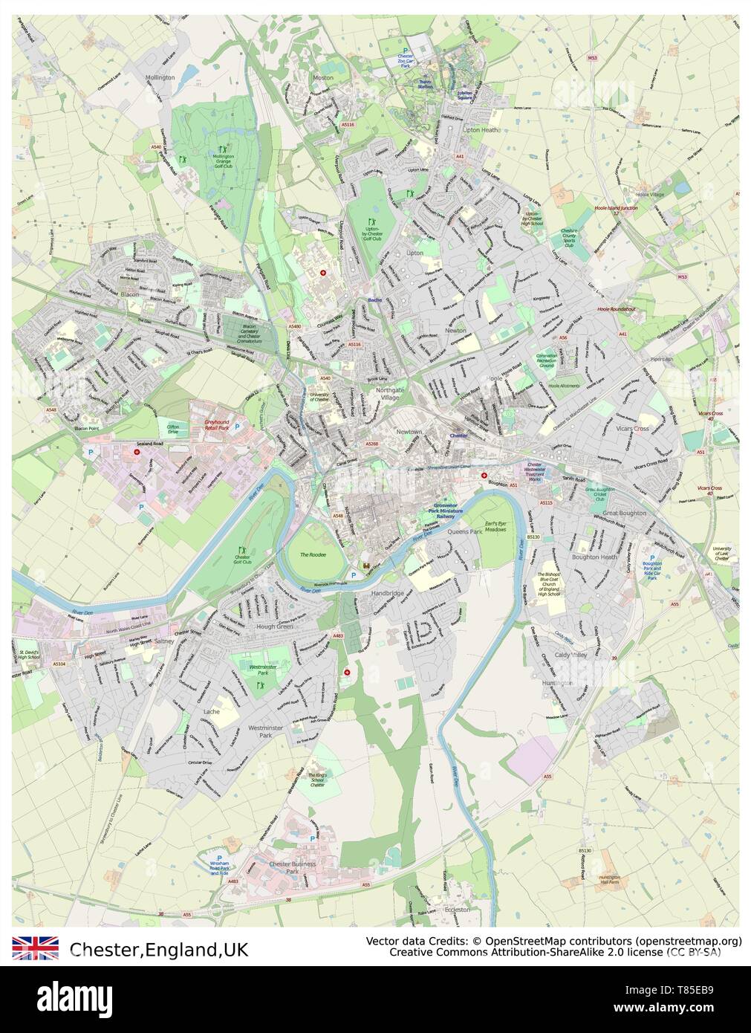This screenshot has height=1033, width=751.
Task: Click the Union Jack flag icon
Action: [35, 948]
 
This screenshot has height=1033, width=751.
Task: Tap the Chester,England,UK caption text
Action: [159, 949]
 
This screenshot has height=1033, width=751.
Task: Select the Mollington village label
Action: [159, 77]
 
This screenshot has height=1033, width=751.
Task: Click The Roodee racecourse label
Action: [313, 554]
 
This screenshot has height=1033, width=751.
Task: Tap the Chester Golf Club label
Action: [243, 559]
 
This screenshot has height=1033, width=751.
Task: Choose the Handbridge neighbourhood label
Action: [387, 593]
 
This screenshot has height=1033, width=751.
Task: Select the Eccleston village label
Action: [456, 909]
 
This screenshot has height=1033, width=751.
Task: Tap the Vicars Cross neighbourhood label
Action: [631, 429]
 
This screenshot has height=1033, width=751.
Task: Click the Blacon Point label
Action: [86, 429]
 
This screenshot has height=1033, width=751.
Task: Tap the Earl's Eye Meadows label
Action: [495, 527]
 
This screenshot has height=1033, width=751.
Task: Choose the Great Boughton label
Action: [624, 513]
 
